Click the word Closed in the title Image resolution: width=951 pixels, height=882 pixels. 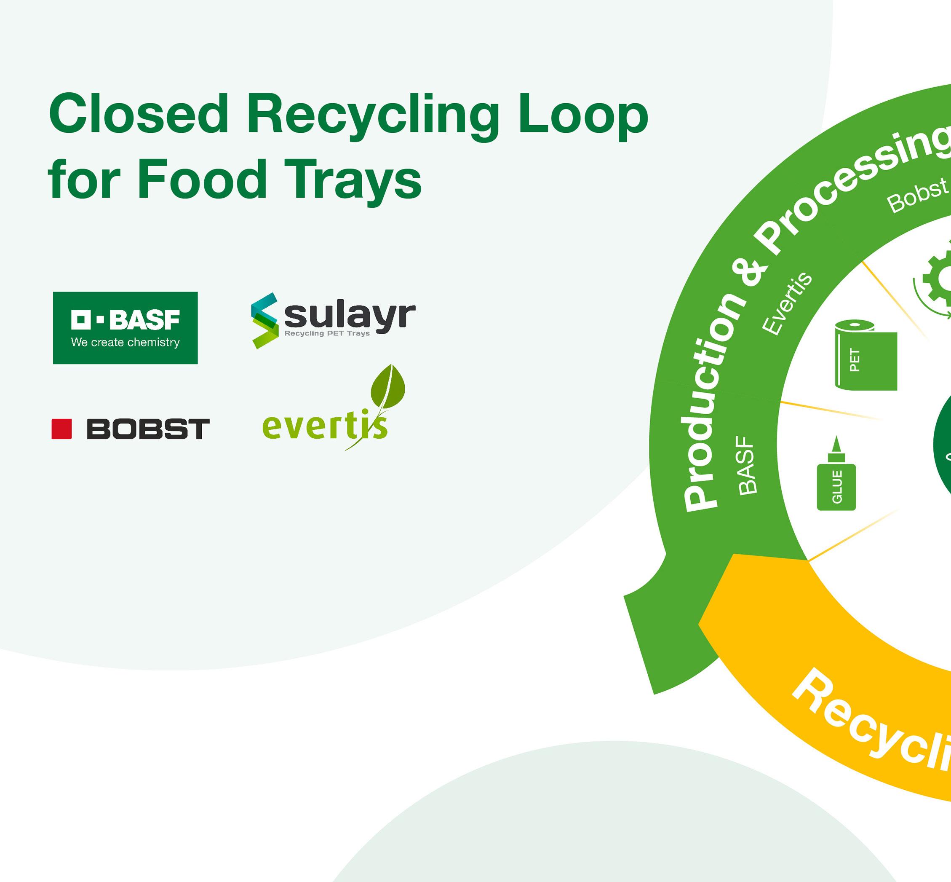[x=138, y=115]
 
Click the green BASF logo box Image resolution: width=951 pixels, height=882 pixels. [x=125, y=328]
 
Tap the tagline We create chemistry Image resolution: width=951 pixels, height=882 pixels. [x=125, y=342]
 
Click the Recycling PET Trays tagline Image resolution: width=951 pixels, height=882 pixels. [x=327, y=333]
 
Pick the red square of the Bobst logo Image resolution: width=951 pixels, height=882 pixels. [x=61, y=429]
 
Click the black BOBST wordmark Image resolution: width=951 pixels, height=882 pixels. [x=148, y=429]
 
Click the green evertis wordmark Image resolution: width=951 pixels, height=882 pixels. [x=324, y=426]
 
